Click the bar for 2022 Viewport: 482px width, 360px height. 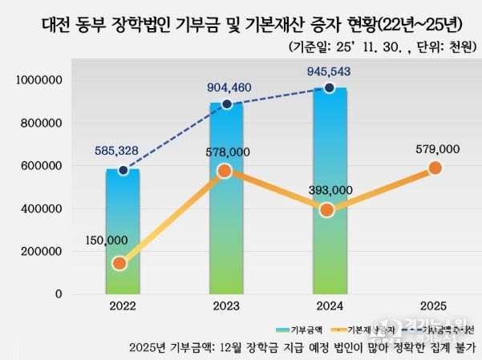[123, 233]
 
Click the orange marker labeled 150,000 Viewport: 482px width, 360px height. [119, 263]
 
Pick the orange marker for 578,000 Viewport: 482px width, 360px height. [225, 171]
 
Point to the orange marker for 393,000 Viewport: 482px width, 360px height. [327, 210]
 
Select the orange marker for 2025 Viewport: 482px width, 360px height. [435, 168]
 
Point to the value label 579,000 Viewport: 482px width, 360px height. [438, 149]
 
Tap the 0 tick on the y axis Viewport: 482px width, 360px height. [59, 293]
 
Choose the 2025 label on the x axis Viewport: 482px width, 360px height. [433, 306]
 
